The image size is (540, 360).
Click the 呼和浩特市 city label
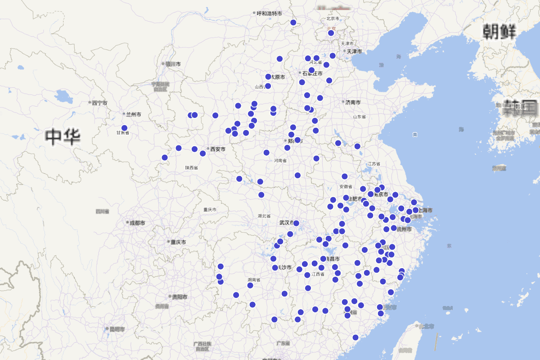(x=270, y=13)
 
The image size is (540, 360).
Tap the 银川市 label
(x=173, y=64)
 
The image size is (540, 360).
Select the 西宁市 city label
(x=99, y=103)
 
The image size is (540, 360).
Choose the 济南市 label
(x=353, y=102)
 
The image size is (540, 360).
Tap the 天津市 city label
(x=354, y=51)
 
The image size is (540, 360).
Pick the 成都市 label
(x=137, y=223)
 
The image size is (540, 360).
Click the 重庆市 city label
(x=178, y=242)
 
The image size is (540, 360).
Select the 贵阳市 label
(x=180, y=297)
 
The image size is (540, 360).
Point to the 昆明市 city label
(x=116, y=329)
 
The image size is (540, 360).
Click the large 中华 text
(x=63, y=136)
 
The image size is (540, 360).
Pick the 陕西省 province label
(x=191, y=168)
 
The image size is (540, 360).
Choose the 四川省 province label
(x=103, y=211)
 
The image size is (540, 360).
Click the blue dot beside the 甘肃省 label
(x=125, y=128)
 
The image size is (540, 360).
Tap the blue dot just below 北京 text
(x=331, y=33)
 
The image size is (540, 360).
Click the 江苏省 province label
(x=374, y=164)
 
